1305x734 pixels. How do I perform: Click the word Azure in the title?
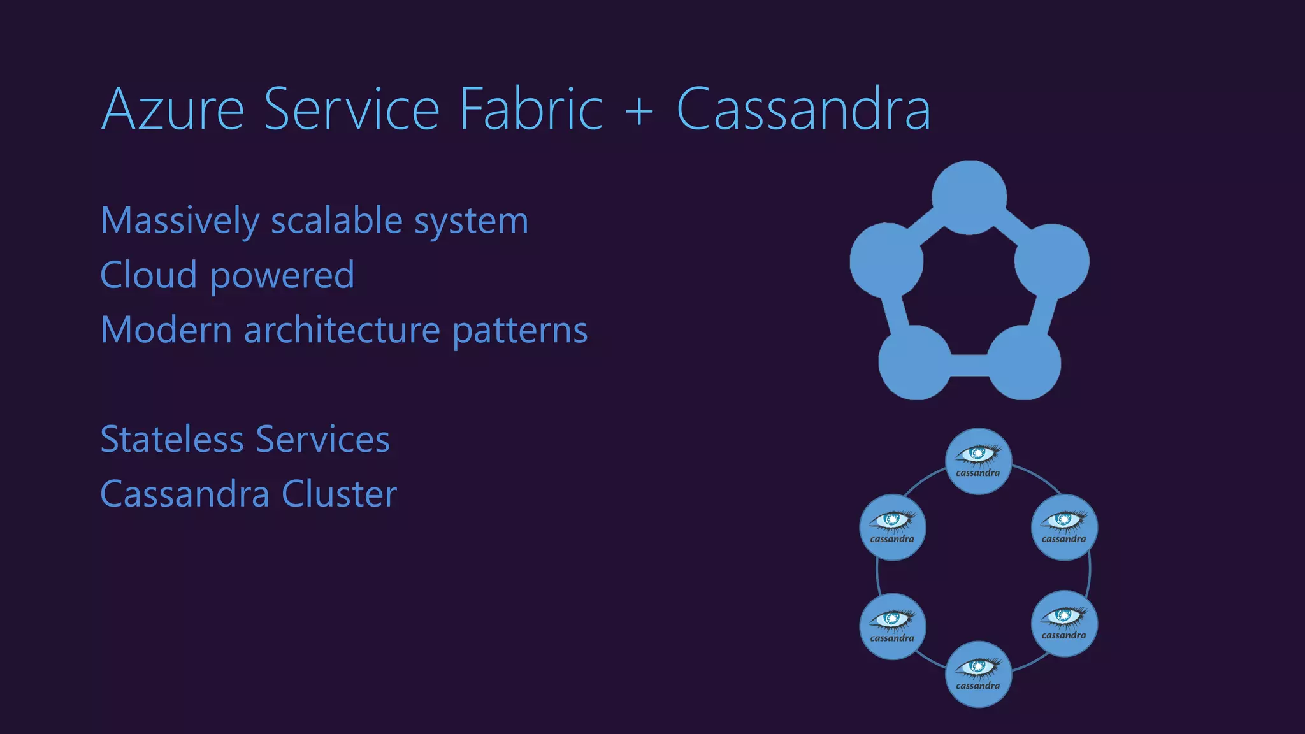tap(173, 110)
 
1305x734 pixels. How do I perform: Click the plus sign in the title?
tap(639, 110)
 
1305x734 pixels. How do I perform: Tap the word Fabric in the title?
tap(530, 110)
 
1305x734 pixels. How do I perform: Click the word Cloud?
tap(148, 275)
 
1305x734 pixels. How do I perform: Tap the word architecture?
tap(342, 330)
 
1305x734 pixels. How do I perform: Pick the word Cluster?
tap(339, 494)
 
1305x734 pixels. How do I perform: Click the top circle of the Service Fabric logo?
tap(969, 197)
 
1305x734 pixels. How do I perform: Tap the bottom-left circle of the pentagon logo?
tap(914, 363)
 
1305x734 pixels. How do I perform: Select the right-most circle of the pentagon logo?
tap(1052, 261)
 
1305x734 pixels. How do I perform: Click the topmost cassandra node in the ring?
tap(978, 461)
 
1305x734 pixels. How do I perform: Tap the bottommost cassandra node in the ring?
tap(978, 673)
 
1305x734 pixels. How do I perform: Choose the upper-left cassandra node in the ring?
tap(892, 527)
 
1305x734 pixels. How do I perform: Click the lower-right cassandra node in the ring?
tap(1064, 623)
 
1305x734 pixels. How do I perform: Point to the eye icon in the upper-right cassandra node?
tap(1063, 520)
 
